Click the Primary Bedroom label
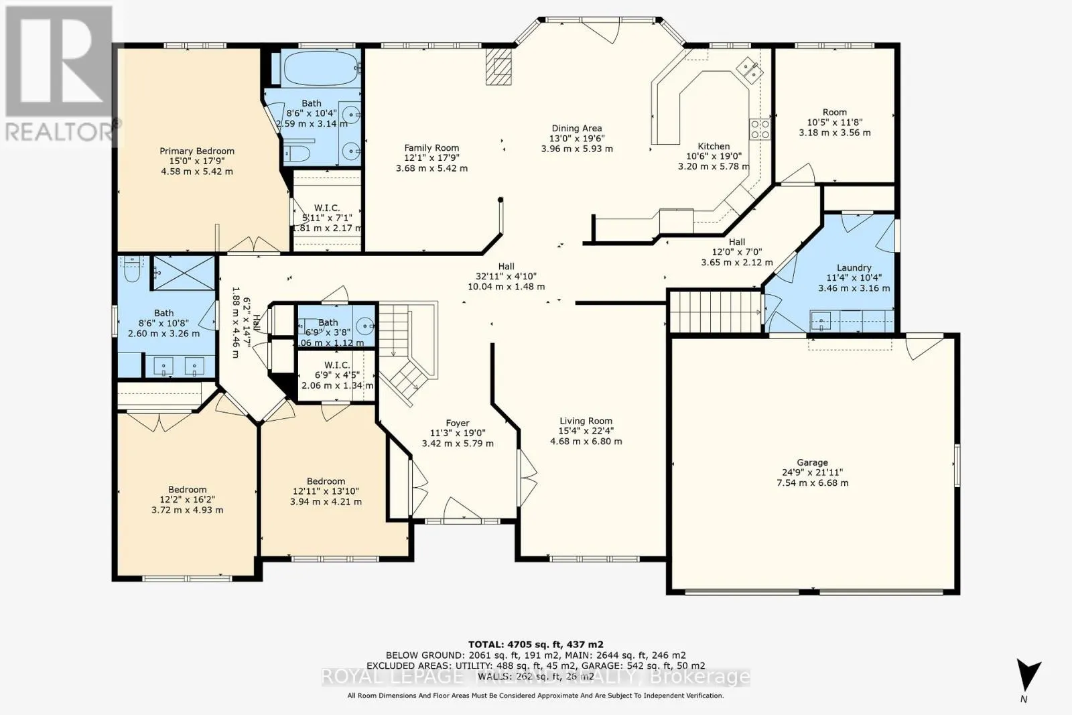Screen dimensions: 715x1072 196,151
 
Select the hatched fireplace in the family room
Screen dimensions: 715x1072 500,66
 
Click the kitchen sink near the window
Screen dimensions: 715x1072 748,67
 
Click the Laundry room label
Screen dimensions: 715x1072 854,267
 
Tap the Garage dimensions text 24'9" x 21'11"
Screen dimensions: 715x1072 812,472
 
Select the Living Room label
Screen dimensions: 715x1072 586,421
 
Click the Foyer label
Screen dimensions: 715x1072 458,423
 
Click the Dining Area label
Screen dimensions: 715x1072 576,128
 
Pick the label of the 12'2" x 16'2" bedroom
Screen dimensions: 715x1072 187,490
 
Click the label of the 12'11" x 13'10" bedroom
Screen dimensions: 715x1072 326,481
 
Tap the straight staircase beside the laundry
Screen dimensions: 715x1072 715,310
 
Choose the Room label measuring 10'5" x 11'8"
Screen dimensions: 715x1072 834,112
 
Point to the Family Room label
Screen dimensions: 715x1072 431,148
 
